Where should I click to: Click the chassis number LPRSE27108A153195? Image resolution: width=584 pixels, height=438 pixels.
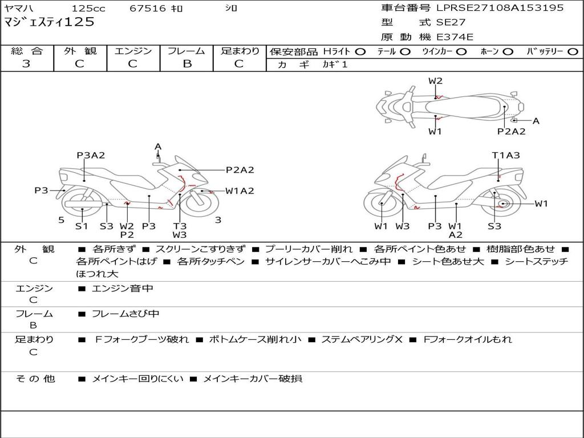point(500,7)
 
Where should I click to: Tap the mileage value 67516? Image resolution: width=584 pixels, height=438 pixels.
point(147,8)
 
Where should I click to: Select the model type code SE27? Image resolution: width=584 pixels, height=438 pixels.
point(451,22)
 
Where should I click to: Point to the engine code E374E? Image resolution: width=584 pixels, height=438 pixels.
point(455,37)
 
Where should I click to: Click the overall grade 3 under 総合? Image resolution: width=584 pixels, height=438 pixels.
point(26,64)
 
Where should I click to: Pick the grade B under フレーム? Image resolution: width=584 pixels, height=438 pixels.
point(187,64)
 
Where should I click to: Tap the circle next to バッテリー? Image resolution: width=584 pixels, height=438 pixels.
point(573,52)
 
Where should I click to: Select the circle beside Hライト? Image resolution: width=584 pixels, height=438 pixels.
point(360,52)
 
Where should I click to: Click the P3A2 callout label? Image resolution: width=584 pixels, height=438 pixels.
point(91,155)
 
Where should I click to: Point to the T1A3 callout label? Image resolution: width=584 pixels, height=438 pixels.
point(506,155)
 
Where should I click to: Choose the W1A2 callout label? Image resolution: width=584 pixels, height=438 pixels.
point(240,191)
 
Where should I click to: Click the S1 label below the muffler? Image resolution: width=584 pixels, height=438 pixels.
point(81,226)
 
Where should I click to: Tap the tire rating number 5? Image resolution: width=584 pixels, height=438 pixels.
point(62,220)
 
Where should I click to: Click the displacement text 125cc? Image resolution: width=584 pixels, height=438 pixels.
point(88,8)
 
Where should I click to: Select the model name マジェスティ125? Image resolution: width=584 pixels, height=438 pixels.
point(49,22)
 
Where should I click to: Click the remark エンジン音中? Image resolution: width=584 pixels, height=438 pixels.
point(122,288)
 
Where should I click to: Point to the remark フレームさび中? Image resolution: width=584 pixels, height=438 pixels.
point(125,314)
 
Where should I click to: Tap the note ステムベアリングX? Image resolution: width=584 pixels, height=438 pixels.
point(362,339)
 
